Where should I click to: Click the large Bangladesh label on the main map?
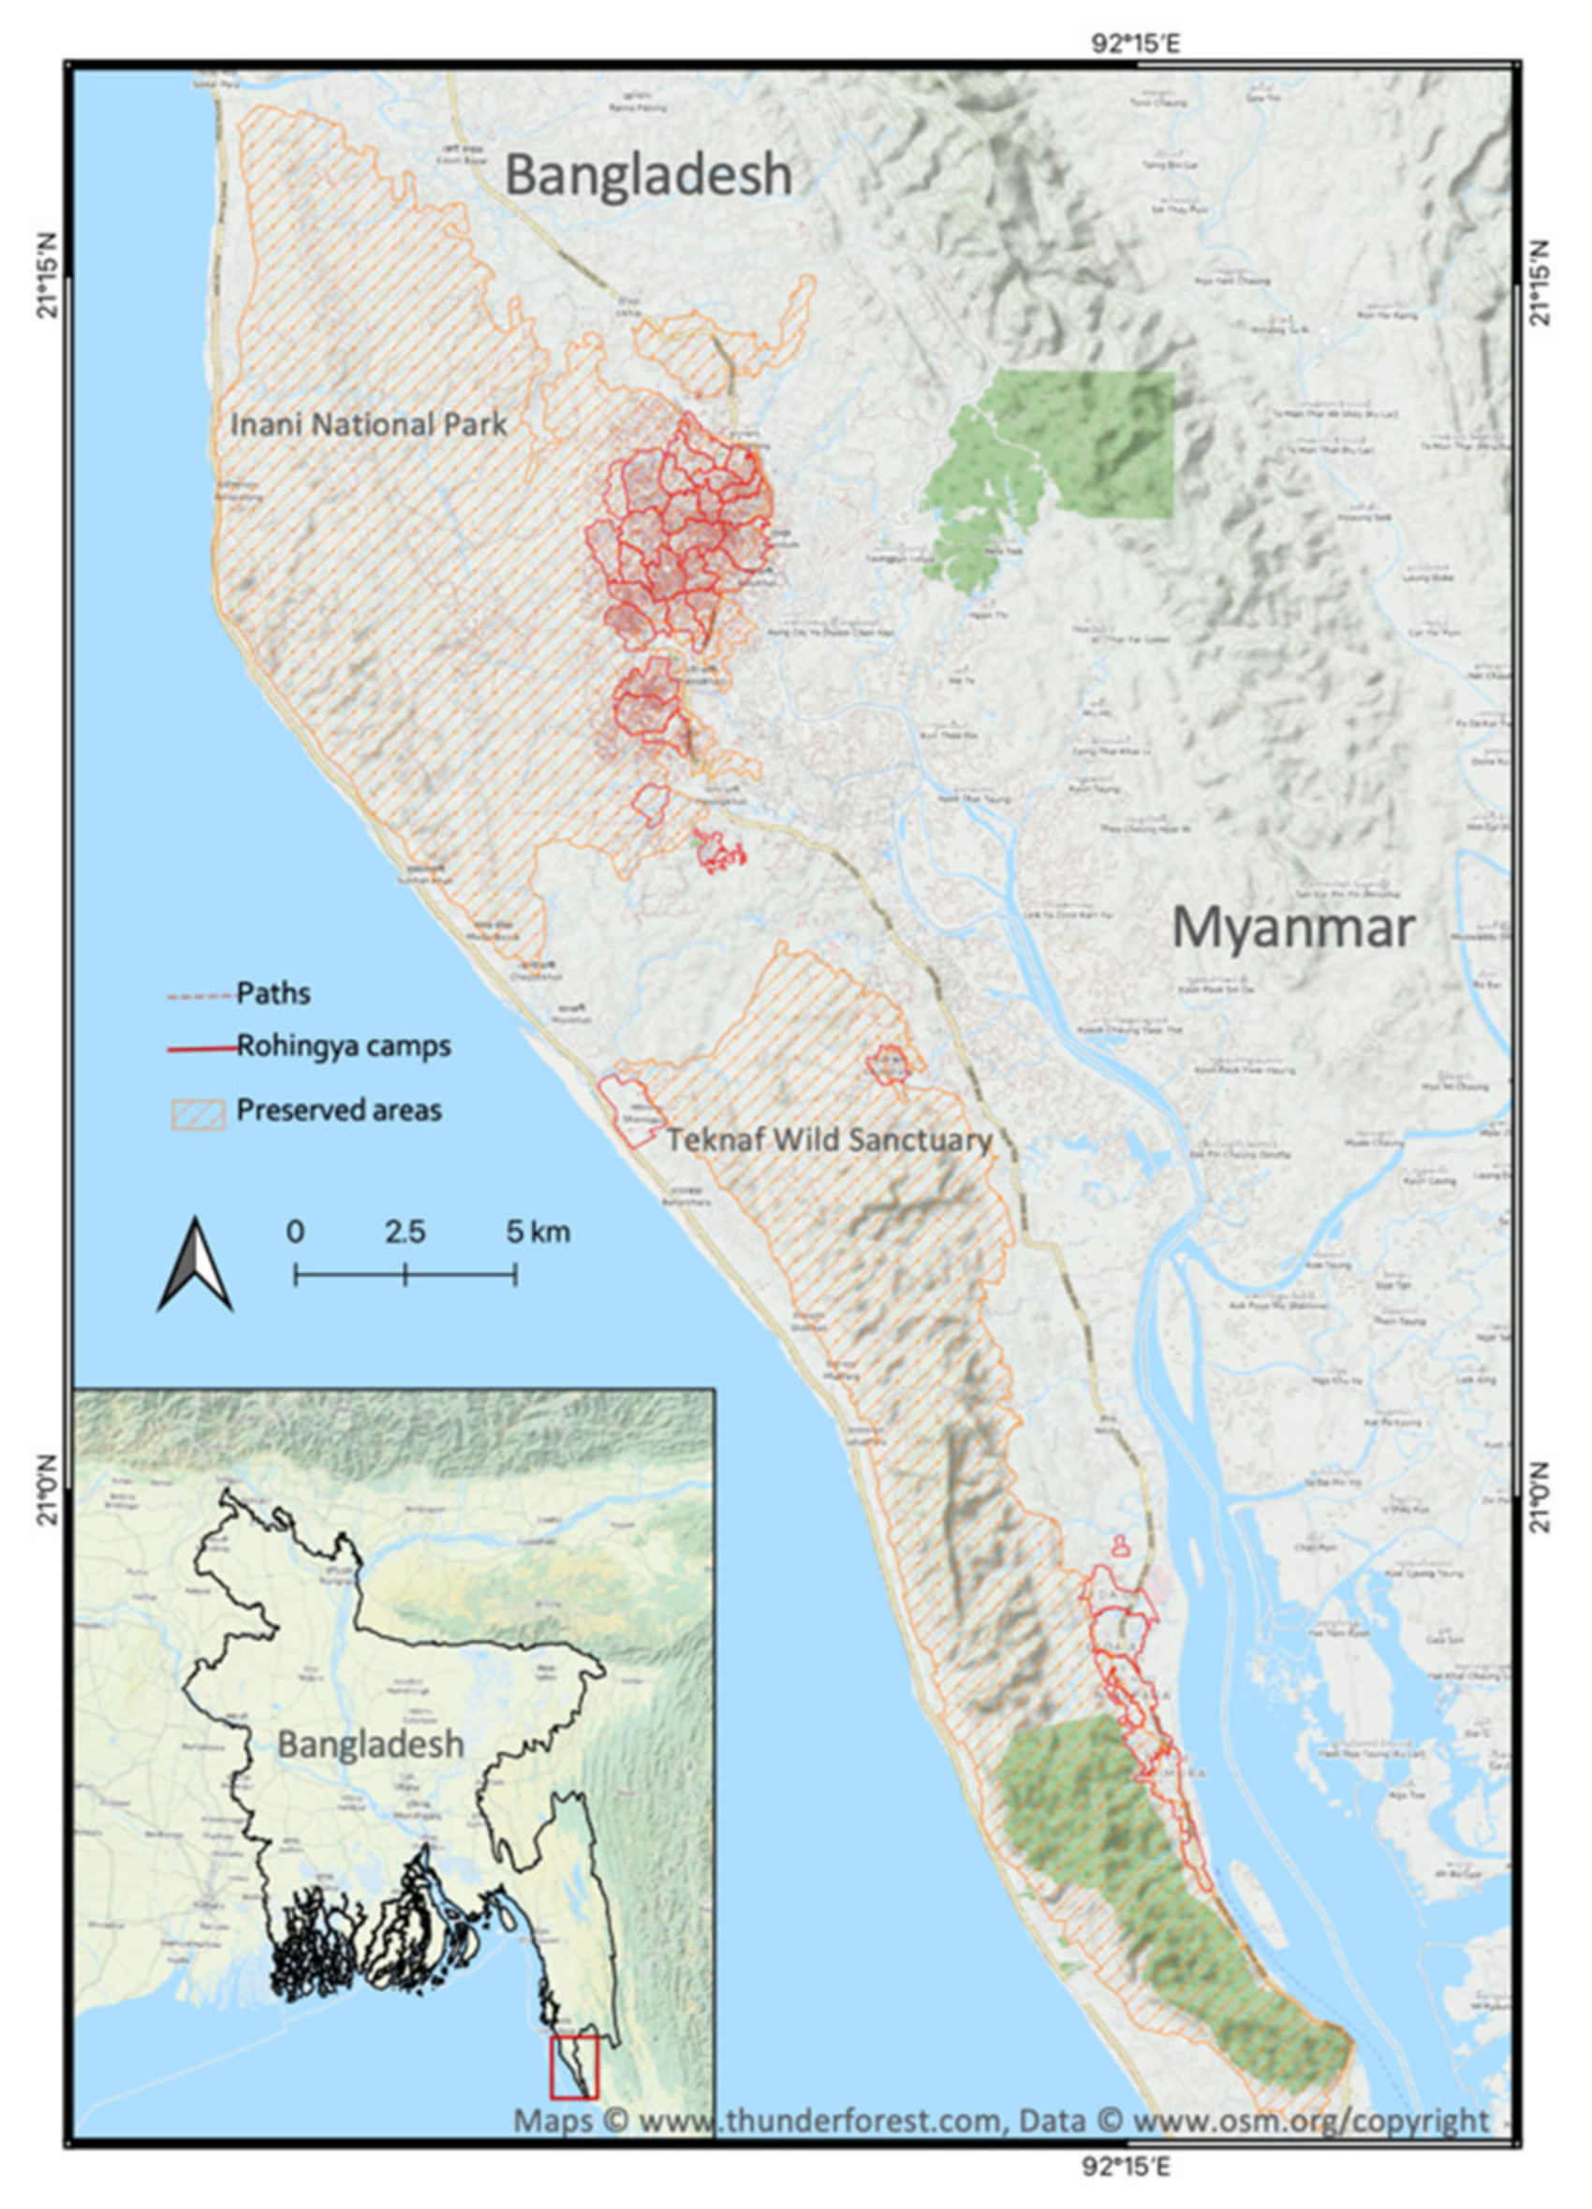[x=648, y=175]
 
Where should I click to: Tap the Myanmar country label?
[x=1292, y=927]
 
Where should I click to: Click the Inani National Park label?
[x=368, y=425]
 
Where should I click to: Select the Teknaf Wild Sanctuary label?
[x=828, y=1138]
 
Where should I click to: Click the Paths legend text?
[x=273, y=993]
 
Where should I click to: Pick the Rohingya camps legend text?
[x=343, y=1046]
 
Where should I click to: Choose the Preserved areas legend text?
[x=338, y=1110]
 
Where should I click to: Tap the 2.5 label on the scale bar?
[x=405, y=1231]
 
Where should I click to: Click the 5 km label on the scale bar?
[x=537, y=1231]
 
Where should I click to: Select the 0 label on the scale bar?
[x=295, y=1231]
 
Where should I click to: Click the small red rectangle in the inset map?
[x=574, y=2067]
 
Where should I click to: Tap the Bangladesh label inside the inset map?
[x=370, y=1744]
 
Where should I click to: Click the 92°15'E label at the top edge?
[x=1135, y=45]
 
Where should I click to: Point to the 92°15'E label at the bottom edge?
[x=1128, y=2166]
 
